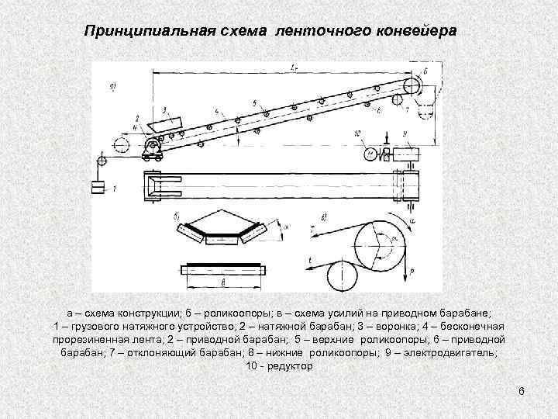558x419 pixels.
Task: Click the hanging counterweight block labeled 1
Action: (x=98, y=187)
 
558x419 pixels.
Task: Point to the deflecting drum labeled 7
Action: (x=402, y=103)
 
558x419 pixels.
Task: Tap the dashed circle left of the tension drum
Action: (x=121, y=145)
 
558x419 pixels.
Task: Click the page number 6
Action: (x=522, y=391)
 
